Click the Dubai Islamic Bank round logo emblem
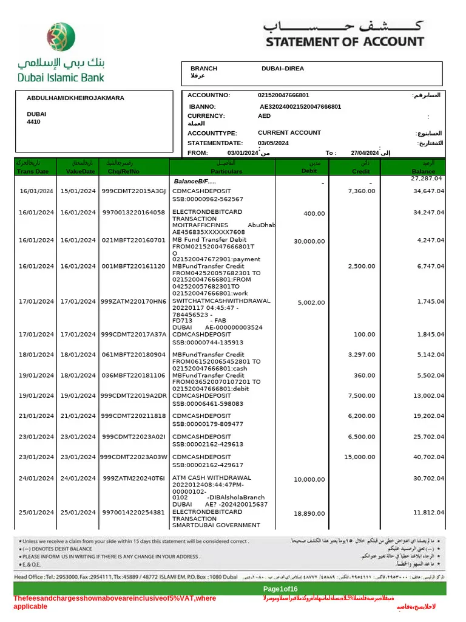pos(61,36)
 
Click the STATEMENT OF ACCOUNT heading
pos(344,42)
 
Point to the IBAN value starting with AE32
pos(300,106)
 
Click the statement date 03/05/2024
pos(273,143)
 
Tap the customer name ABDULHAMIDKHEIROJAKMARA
pos(75,98)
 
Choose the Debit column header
pos(309,171)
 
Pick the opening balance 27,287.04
pos(427,179)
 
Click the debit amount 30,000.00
pos(309,241)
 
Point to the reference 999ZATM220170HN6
pos(133,301)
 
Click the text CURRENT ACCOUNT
pos(289,132)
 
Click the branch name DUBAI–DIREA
pos(282,69)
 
